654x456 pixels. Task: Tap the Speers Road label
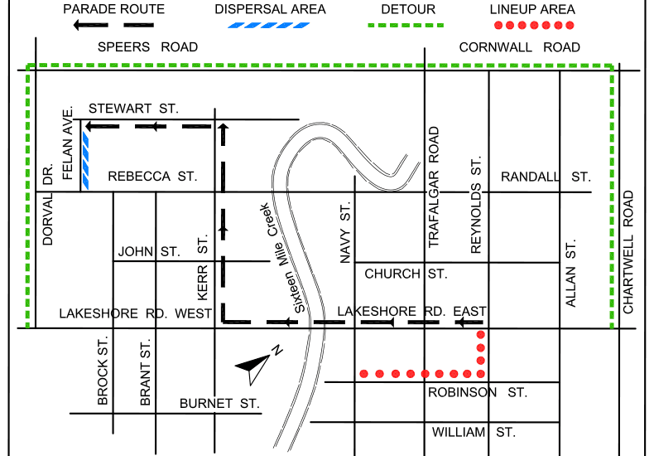[x=147, y=47]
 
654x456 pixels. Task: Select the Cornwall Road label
[x=520, y=47]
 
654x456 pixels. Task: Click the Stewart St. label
[x=133, y=109]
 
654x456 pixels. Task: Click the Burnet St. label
[x=219, y=404]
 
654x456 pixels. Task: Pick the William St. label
[x=474, y=432]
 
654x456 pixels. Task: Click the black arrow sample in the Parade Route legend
[x=113, y=25]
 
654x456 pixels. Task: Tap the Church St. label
[x=406, y=274]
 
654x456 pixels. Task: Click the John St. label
[x=149, y=251]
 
